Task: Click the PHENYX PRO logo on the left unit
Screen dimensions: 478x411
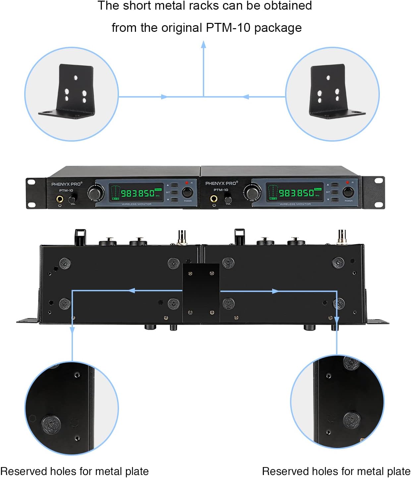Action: pos(66,184)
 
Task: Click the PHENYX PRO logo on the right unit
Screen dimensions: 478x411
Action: pos(221,183)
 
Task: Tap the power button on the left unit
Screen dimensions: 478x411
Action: pos(187,192)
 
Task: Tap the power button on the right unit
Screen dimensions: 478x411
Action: pos(348,192)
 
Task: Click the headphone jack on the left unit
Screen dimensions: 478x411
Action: pos(60,199)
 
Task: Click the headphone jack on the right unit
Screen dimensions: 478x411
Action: pos(214,199)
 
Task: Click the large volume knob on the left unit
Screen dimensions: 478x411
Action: pos(96,193)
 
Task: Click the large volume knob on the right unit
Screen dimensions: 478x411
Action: pos(252,192)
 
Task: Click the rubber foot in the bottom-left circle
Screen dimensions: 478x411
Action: pos(51,425)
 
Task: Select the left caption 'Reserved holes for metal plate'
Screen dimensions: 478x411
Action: pos(75,471)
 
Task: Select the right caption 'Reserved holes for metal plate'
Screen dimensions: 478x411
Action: pos(336,471)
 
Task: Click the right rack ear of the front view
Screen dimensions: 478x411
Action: pos(374,193)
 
